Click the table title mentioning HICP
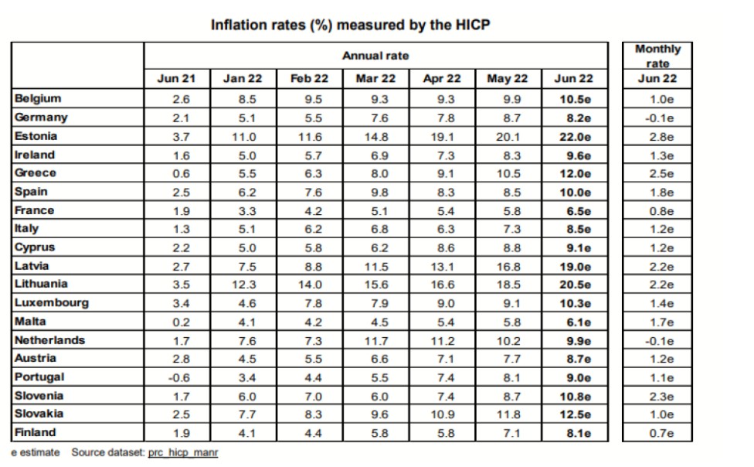coord(350,25)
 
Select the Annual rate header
coord(375,56)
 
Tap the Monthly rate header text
coord(657,56)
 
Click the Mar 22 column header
coord(375,79)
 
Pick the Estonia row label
coord(36,136)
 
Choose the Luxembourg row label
coord(51,303)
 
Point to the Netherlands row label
coord(49,340)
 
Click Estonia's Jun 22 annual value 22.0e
coord(574,136)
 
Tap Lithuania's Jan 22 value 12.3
coord(243,285)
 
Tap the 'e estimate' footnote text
coord(35,452)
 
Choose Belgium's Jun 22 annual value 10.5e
coord(574,99)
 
